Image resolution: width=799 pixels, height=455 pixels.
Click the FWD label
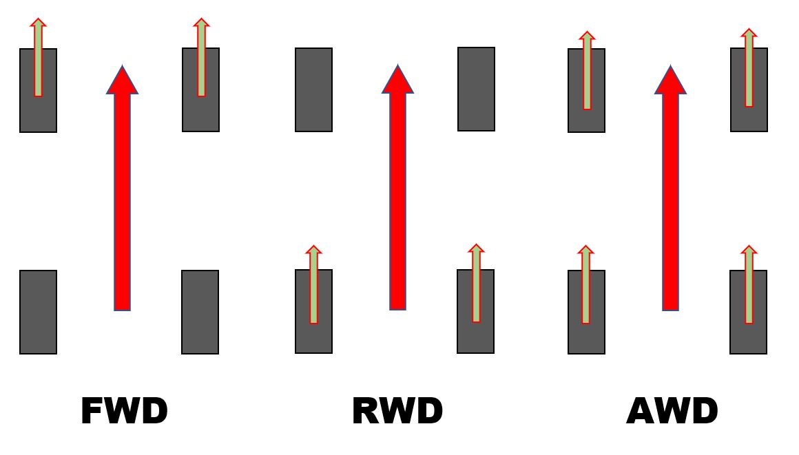click(x=124, y=412)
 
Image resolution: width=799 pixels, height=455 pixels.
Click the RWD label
click(x=397, y=412)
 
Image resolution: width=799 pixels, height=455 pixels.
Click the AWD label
click(x=672, y=412)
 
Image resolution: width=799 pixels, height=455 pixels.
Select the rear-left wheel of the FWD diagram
click(x=38, y=312)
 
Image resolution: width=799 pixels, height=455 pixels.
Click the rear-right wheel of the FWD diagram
click(x=200, y=312)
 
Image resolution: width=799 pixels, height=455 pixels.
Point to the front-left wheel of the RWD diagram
click(x=313, y=89)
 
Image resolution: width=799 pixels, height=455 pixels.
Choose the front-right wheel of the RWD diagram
click(x=476, y=89)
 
